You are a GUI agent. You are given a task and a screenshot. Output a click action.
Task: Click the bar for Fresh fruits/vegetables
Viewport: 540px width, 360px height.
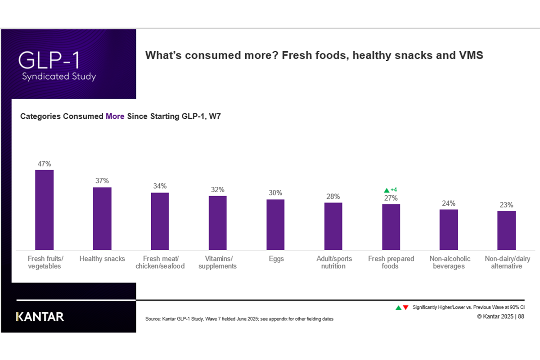click(44, 210)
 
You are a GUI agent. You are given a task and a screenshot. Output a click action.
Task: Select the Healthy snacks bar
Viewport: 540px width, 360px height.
click(102, 218)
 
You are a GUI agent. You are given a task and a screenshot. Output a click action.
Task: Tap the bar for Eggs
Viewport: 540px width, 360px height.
click(275, 225)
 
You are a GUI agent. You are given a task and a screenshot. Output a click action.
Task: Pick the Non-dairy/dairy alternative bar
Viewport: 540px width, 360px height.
click(506, 230)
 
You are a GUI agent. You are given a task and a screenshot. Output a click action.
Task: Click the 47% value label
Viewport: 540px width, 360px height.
click(44, 164)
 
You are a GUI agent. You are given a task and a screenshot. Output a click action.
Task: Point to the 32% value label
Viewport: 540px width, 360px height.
click(217, 189)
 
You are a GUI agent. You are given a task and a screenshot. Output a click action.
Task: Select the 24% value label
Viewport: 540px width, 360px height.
click(449, 203)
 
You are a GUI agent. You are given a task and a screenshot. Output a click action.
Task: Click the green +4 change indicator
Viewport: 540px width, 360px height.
click(391, 189)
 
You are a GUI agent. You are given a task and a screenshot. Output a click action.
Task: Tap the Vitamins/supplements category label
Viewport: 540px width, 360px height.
click(218, 262)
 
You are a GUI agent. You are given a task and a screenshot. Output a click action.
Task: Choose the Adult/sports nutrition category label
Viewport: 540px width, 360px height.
click(333, 262)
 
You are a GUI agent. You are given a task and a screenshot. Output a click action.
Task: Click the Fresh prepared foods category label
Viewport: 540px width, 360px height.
click(391, 262)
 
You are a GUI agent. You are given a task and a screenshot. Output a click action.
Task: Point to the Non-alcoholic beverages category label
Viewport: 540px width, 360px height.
click(449, 262)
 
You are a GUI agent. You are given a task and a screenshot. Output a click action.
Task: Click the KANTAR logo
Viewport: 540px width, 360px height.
click(40, 317)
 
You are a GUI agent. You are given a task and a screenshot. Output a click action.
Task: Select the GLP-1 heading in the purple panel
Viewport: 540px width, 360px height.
click(50, 60)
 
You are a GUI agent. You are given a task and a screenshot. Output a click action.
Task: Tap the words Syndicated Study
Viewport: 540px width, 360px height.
click(59, 76)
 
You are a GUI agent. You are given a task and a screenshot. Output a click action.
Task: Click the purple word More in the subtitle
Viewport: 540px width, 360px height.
click(115, 116)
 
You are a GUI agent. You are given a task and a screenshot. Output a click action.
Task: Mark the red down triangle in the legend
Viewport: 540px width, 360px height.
click(405, 307)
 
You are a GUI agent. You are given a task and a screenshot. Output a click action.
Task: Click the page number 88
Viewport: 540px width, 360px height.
click(521, 316)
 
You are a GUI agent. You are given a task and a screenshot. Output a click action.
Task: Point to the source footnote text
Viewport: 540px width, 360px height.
click(239, 319)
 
